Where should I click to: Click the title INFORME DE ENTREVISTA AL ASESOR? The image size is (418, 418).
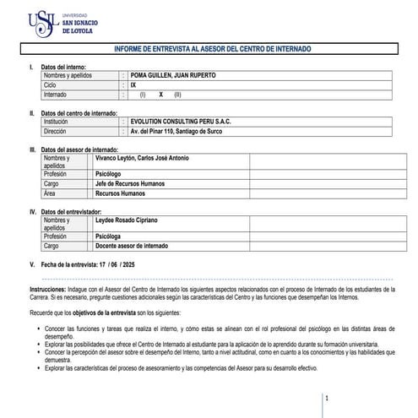(x=212, y=50)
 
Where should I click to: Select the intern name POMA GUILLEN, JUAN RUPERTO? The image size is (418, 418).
(x=172, y=75)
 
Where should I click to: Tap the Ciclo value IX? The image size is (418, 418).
(x=133, y=85)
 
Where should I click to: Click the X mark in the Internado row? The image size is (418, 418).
(x=160, y=95)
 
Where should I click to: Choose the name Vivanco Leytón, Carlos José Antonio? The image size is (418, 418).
(x=142, y=159)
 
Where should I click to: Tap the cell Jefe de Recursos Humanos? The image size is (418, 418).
(x=130, y=183)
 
